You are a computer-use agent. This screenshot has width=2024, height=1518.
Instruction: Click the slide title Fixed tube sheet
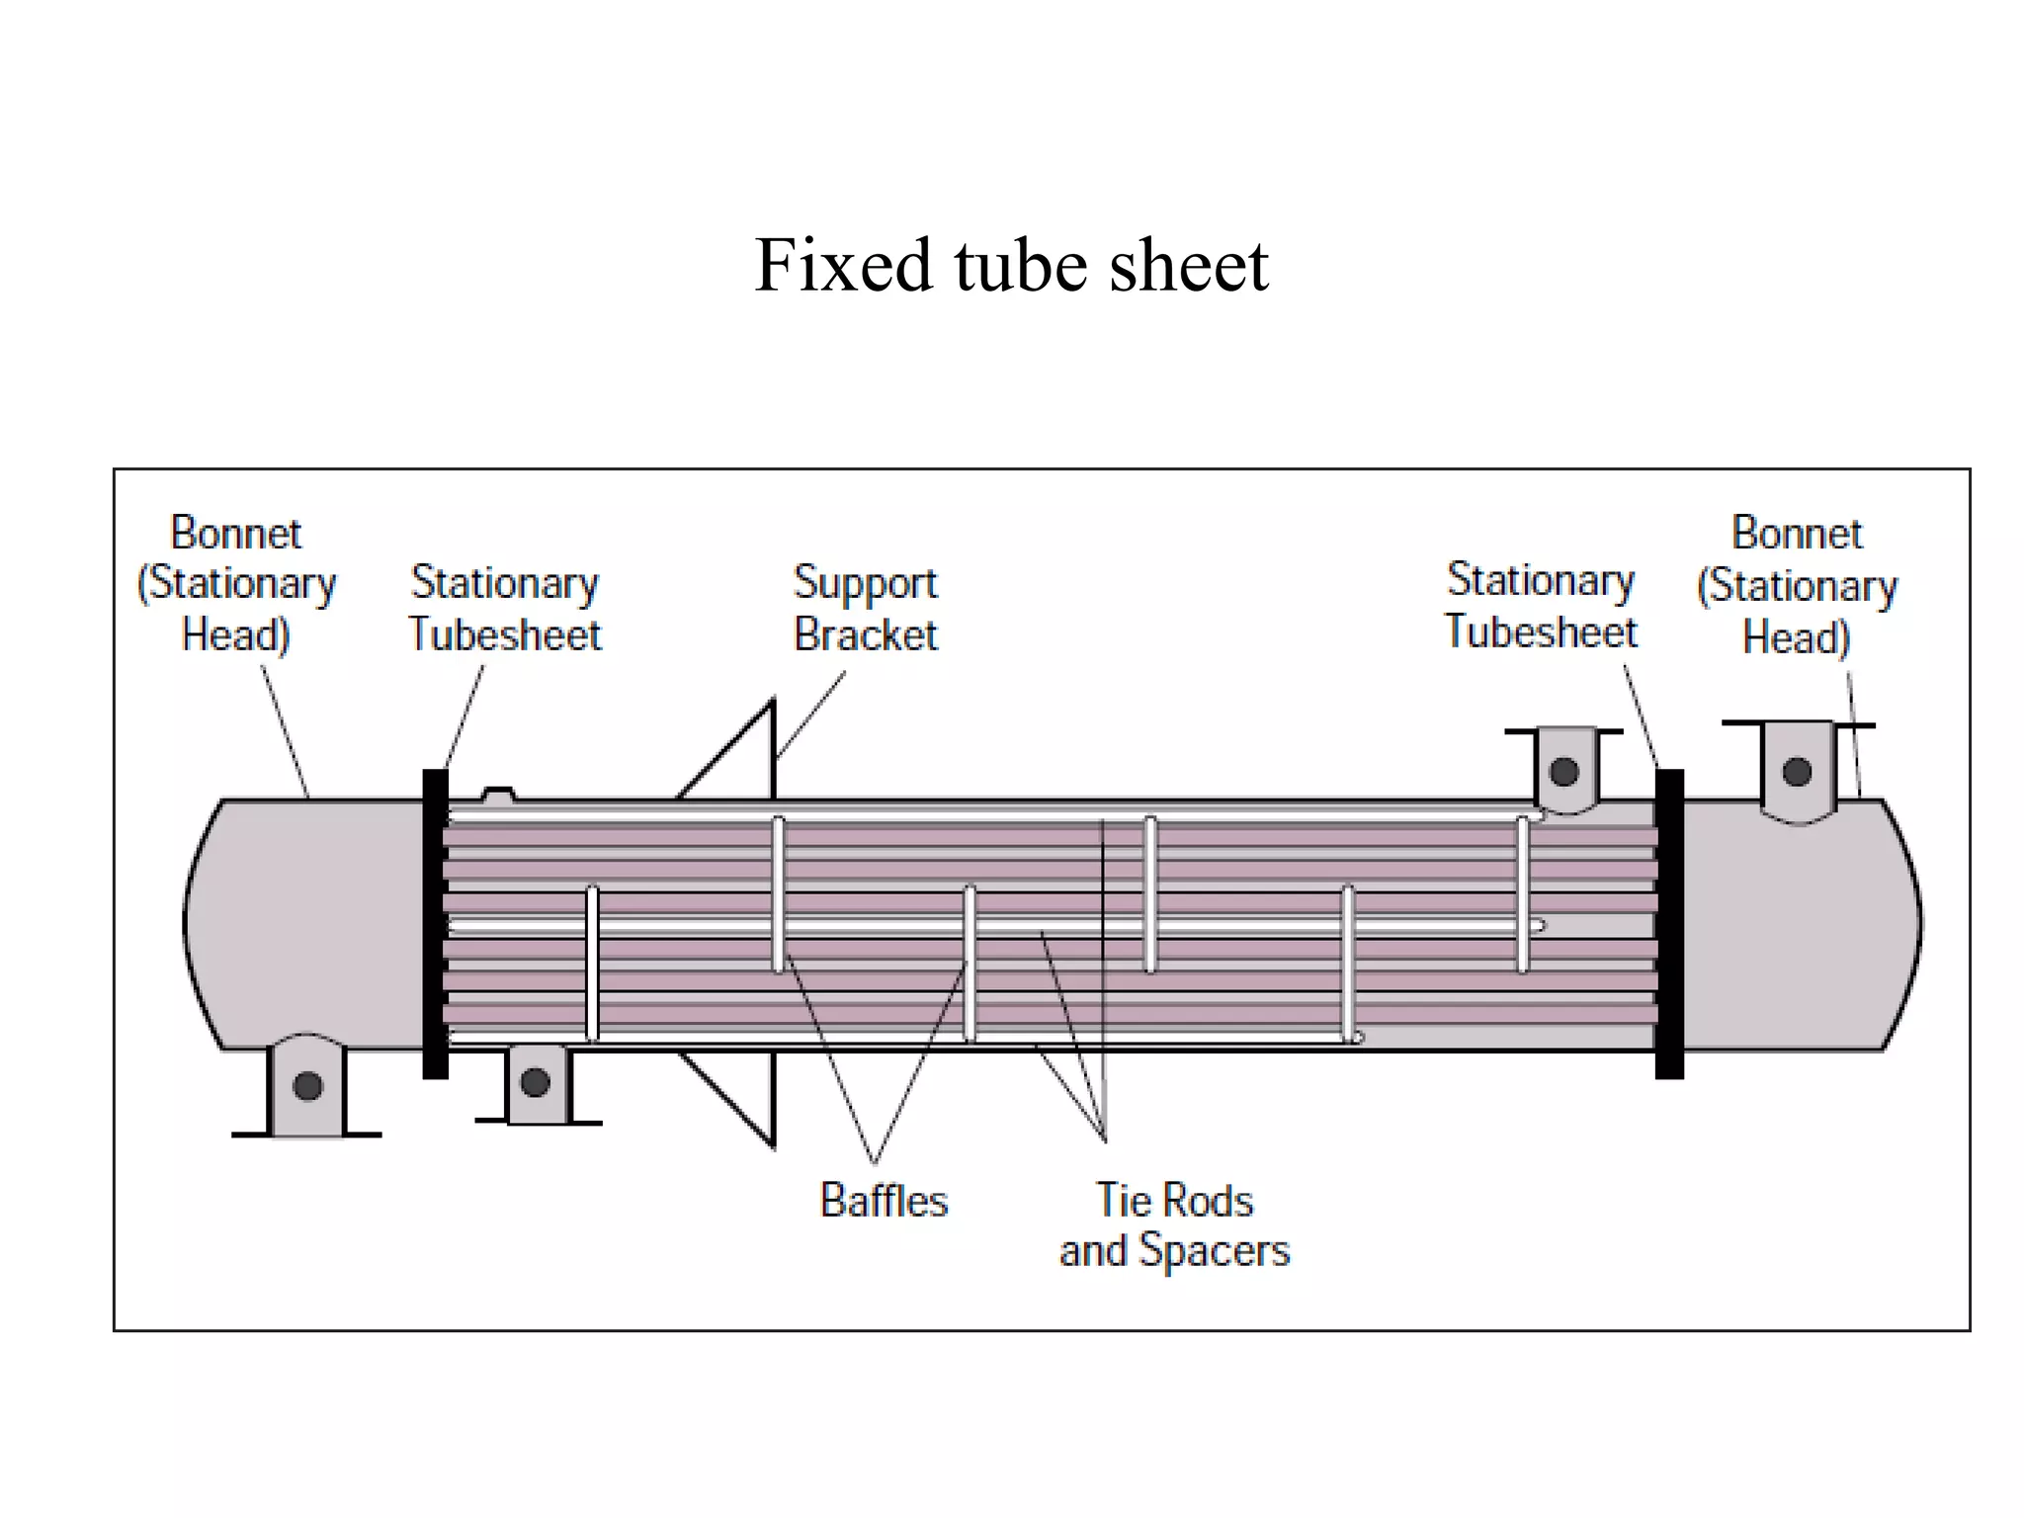pos(1010,266)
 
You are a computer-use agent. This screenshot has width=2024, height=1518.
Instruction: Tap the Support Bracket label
pos(866,608)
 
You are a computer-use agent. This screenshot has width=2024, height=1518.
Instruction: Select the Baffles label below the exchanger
pos(884,1201)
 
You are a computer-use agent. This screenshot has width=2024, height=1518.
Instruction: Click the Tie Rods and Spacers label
pos(1174,1225)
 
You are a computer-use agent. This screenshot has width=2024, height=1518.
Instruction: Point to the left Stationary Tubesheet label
pos(505,608)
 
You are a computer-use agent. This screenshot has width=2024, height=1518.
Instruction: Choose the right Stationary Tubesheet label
pos(1541,605)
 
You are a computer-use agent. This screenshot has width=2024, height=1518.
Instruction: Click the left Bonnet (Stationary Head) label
pos(236,583)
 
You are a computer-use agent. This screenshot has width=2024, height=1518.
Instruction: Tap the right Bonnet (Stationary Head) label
pos(1797,585)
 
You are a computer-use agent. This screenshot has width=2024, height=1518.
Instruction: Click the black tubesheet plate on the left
pos(435,924)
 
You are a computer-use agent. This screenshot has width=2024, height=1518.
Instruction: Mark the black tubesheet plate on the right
pos(1669,924)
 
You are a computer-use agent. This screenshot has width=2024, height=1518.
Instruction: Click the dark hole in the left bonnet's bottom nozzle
pos(307,1086)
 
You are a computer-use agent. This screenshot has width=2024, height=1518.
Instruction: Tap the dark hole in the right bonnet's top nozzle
pos(1797,771)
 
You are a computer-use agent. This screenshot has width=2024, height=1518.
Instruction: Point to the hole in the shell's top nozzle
pos(1563,771)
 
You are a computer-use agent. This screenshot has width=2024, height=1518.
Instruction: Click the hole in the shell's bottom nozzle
pos(535,1082)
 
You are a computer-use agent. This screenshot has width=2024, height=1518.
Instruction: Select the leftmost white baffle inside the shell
pos(592,964)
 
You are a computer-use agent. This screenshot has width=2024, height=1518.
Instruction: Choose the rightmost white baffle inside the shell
pos(1523,894)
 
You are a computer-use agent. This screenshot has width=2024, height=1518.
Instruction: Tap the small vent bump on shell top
pos(497,794)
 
